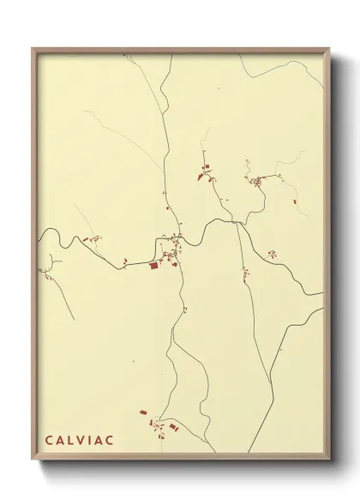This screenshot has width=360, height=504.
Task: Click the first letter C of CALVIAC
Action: click(49, 441)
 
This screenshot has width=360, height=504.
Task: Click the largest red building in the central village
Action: click(155, 266)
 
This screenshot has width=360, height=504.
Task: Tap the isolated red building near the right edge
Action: click(294, 201)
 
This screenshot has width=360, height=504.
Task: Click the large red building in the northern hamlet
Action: click(203, 176)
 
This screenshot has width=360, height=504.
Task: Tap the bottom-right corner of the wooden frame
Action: click(328, 458)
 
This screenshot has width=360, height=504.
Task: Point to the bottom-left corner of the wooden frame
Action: click(33, 458)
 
